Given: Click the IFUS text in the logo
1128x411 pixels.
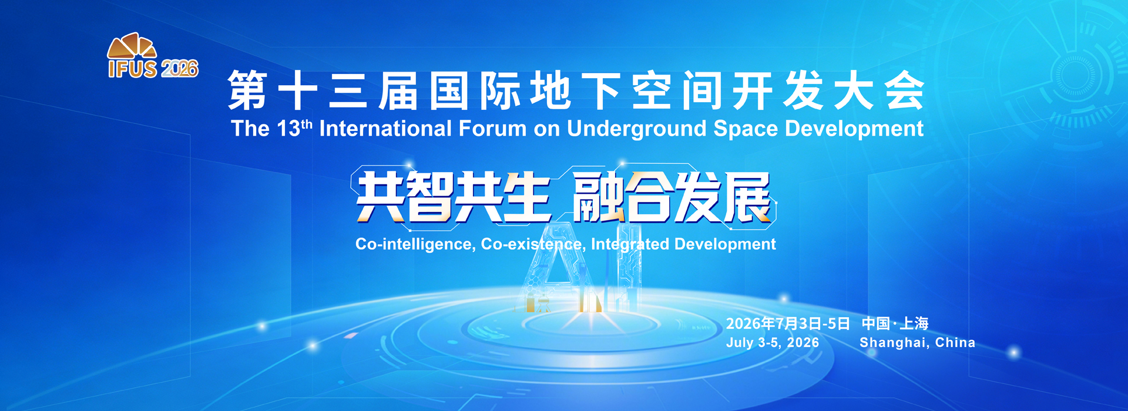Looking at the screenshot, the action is (133, 68).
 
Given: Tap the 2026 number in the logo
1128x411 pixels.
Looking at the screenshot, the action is (180, 69).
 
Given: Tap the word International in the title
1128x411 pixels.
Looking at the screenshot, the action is (385, 128).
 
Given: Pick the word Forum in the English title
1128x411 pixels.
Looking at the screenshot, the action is (492, 128).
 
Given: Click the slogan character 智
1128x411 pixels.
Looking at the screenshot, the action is (429, 197).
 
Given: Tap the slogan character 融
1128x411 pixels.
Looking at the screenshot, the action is (598, 197).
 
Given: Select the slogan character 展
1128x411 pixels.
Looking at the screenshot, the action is (747, 197).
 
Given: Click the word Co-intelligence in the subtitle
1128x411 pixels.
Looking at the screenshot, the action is (415, 244).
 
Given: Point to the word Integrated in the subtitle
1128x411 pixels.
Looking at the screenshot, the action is (630, 244).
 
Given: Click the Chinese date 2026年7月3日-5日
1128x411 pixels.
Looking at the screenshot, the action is (788, 324).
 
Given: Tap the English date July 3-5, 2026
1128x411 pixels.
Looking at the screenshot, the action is (773, 342).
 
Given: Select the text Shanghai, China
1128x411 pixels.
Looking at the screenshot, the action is (917, 342).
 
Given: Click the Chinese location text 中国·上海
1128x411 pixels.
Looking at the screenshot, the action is (895, 324).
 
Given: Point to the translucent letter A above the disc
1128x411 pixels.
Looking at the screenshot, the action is (555, 267).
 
